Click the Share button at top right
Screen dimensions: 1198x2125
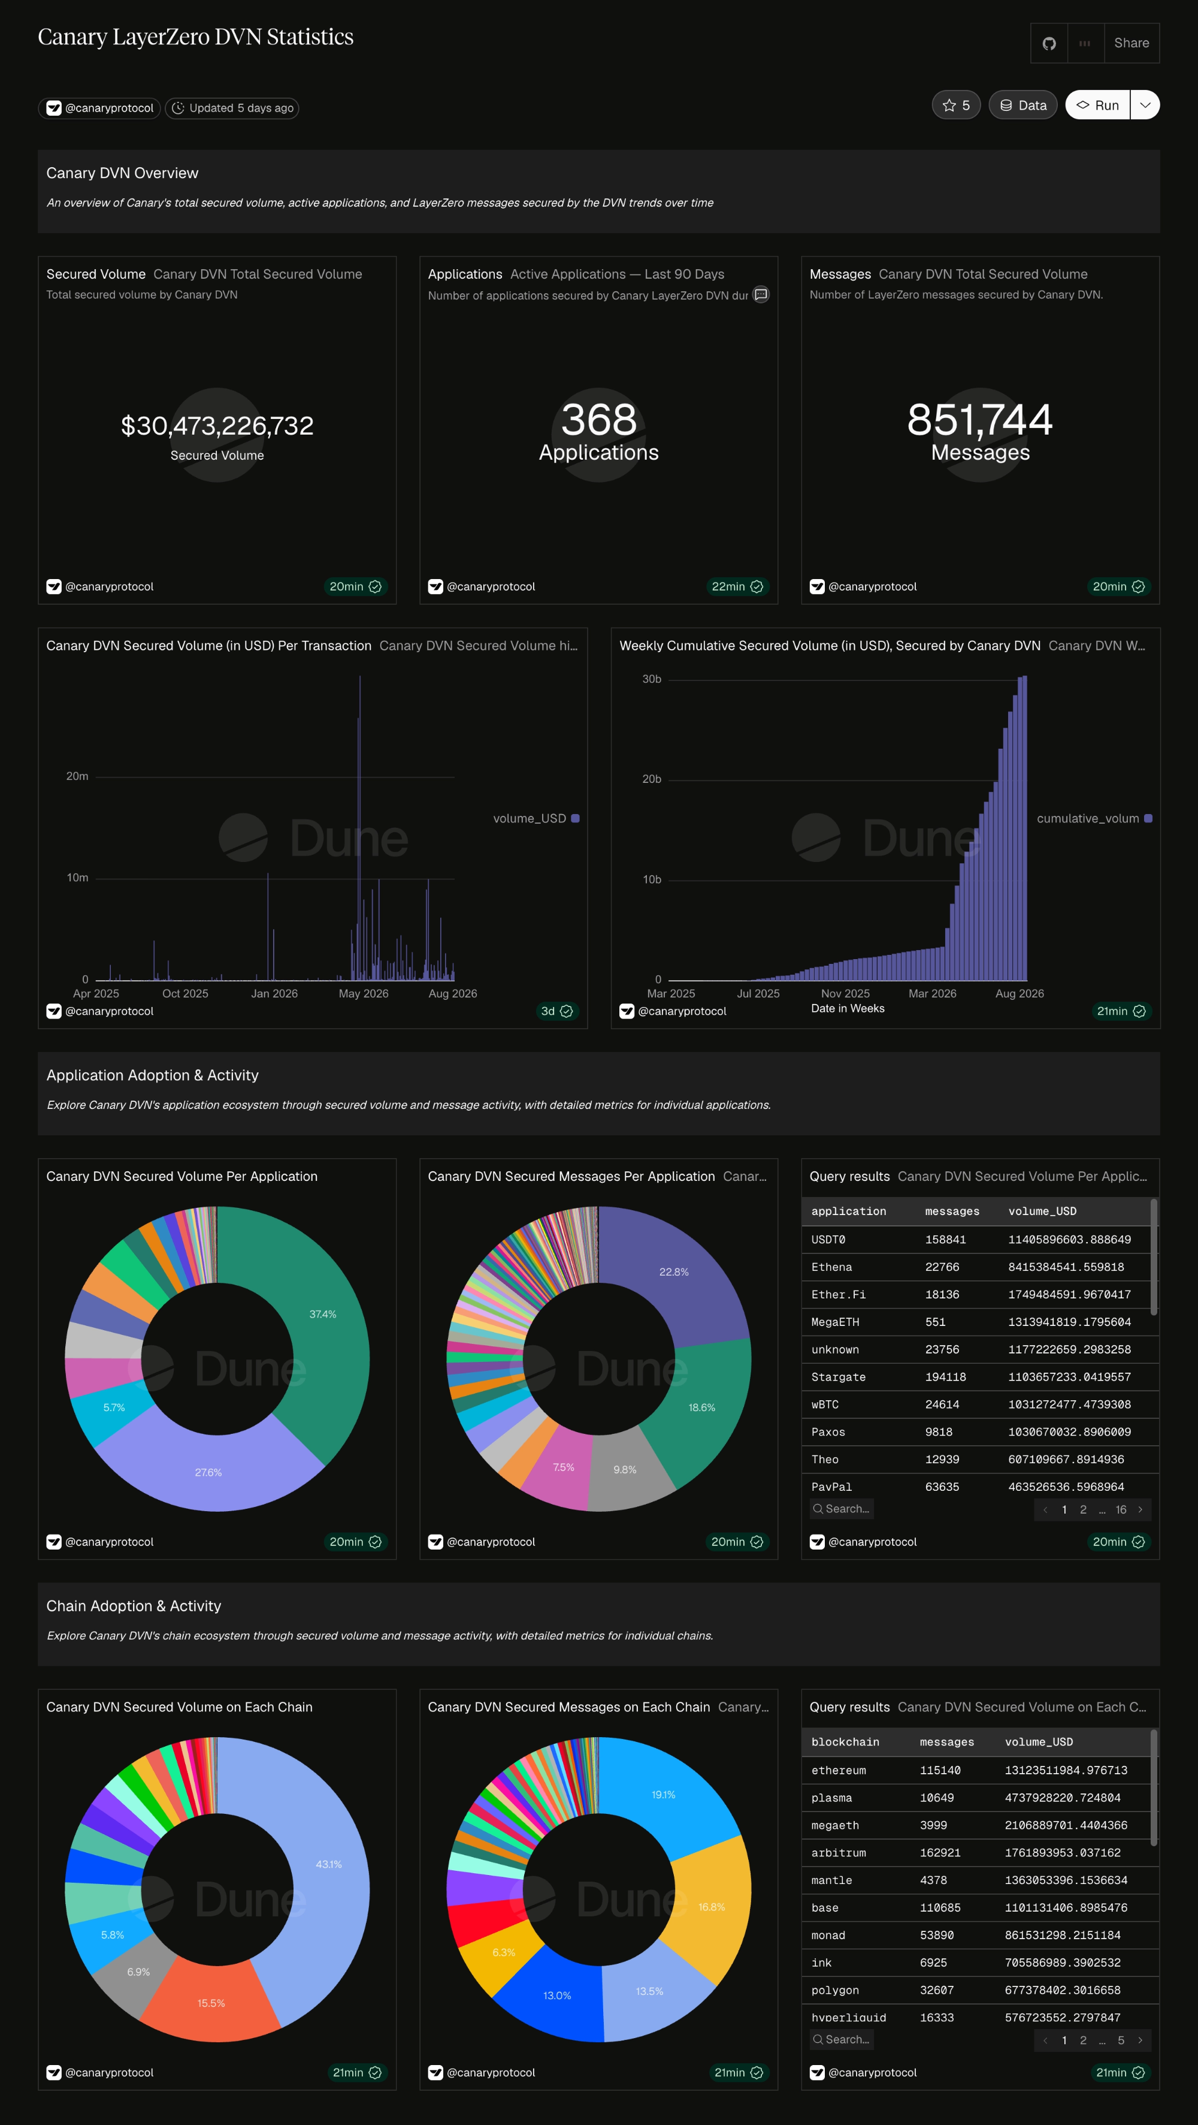1132,43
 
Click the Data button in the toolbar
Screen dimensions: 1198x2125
1022,105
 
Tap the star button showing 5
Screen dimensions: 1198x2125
955,105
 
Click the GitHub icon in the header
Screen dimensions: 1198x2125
1049,43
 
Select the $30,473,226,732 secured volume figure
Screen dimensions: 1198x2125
217,426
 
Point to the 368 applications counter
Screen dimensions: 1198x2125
598,420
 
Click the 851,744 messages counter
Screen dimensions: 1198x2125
979,420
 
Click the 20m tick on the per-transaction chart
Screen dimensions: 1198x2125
77,776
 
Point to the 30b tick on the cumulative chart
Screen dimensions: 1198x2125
651,679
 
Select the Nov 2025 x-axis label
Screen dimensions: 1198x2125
845,993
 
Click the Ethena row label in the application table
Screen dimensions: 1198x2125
831,1267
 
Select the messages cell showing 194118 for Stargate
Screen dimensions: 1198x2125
945,1377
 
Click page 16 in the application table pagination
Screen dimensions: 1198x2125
1121,1509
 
